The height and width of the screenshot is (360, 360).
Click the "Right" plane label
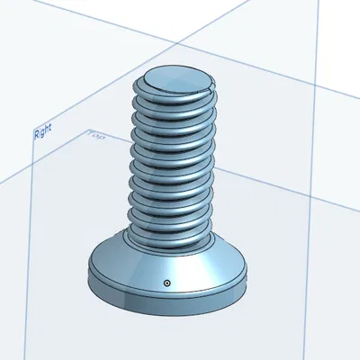coord(42,133)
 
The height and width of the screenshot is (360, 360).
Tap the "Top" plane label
coord(96,136)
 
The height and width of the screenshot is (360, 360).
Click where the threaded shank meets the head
coord(171,243)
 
